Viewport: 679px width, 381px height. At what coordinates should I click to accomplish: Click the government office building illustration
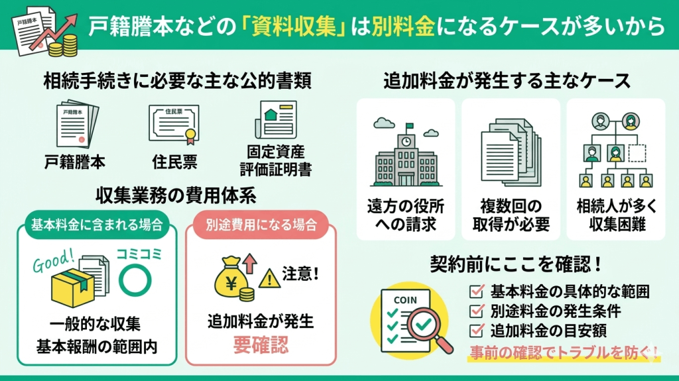406,156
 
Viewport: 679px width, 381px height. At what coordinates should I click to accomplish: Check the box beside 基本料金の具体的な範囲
475,290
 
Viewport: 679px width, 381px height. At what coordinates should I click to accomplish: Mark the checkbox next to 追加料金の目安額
475,330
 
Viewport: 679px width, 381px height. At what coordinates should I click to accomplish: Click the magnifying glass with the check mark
428,324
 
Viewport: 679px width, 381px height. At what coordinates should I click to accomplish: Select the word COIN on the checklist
405,299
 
